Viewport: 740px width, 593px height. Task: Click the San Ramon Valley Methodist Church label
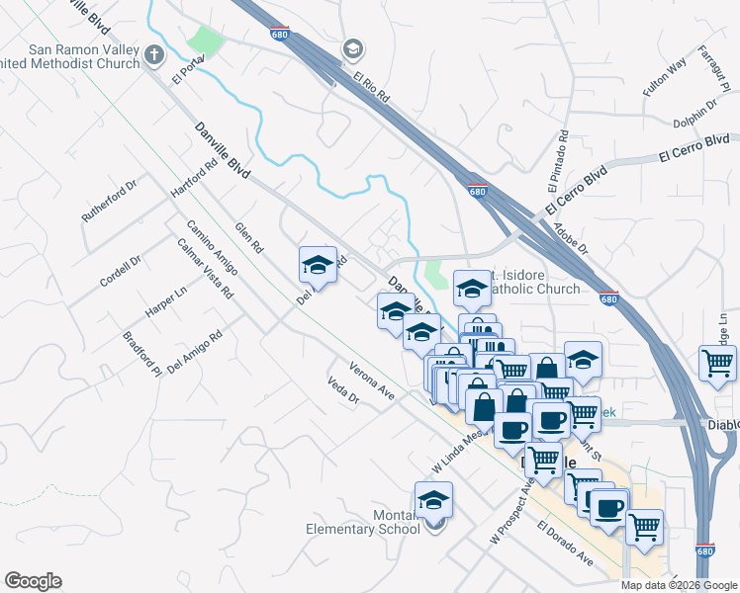coord(73,57)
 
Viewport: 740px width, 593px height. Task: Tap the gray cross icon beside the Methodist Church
coord(154,55)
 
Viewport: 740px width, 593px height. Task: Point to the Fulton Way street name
coord(664,78)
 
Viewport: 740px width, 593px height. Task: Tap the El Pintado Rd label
coord(557,161)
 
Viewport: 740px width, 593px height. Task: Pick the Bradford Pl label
coord(141,354)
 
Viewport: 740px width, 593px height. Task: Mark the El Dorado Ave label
coord(566,545)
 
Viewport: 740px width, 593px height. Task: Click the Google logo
coord(33,581)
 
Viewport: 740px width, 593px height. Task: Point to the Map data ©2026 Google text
coord(679,585)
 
